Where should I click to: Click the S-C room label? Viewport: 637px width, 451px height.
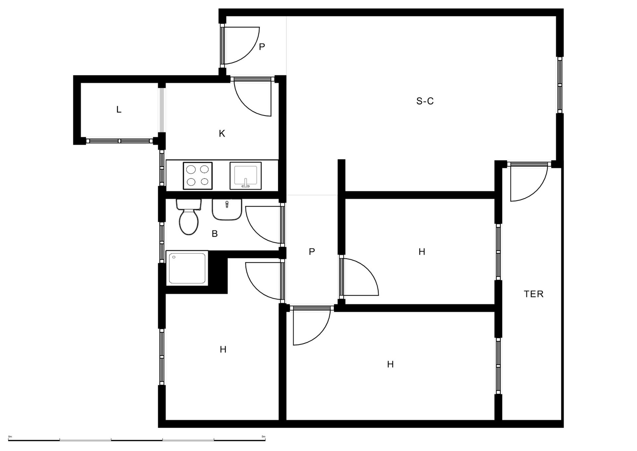tap(425, 101)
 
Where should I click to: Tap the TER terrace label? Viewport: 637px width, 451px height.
tap(533, 294)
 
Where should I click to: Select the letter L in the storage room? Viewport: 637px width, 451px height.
tap(119, 109)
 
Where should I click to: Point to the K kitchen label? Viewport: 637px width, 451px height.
tap(222, 134)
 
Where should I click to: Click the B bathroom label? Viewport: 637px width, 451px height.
tap(215, 234)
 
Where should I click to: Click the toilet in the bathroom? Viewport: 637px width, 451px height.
tap(189, 217)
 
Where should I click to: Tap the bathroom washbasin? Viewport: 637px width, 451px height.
tap(227, 210)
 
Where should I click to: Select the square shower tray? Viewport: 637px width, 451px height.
tap(187, 268)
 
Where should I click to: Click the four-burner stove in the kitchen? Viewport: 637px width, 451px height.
tap(197, 176)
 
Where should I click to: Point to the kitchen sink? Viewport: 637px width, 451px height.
tap(246, 176)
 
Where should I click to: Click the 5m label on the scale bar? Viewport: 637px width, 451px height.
tap(263, 436)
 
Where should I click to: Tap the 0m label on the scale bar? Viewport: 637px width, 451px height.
tap(10, 436)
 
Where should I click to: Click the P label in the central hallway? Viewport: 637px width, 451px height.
tap(312, 252)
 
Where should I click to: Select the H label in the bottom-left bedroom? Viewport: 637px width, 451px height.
tap(223, 349)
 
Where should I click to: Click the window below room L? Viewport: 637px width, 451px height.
tap(120, 141)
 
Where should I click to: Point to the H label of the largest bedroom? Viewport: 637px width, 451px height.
tap(390, 364)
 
